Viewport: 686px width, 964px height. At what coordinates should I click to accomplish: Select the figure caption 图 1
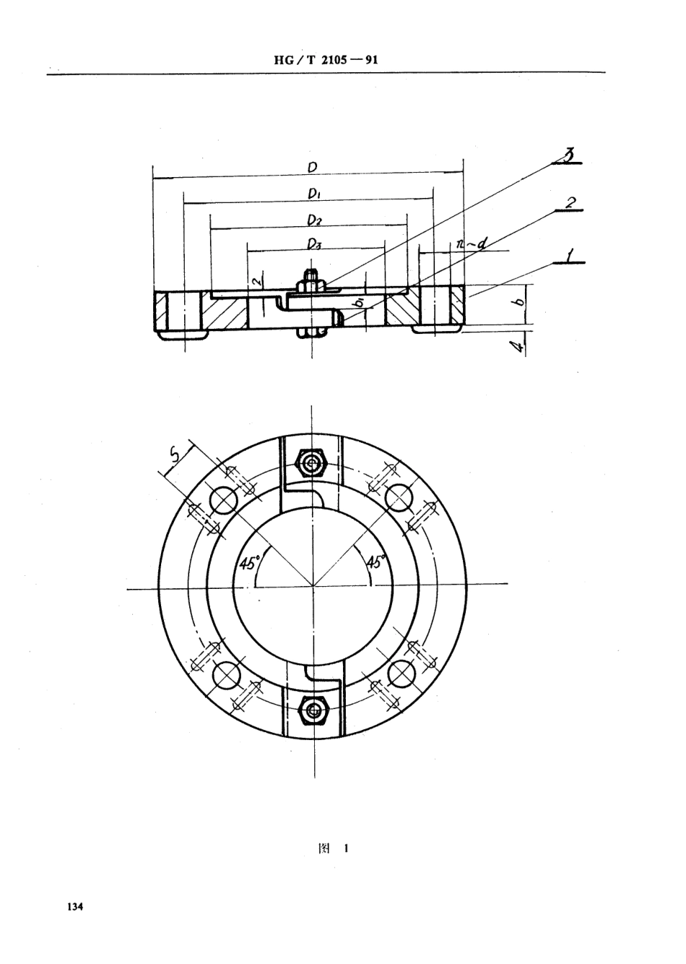pyautogui.click(x=333, y=849)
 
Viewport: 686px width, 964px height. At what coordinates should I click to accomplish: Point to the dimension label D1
pyautogui.click(x=313, y=194)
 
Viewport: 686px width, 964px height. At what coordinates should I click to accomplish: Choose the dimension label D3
pyautogui.click(x=313, y=244)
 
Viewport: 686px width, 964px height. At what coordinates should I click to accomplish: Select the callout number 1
pyautogui.click(x=570, y=254)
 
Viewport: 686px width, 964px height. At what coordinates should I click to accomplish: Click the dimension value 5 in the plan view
pyautogui.click(x=174, y=454)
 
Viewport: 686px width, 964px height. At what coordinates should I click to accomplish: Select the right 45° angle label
pyautogui.click(x=377, y=562)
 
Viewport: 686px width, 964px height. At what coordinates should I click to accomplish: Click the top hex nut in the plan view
pyautogui.click(x=313, y=461)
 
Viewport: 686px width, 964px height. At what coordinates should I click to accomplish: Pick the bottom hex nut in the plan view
pyautogui.click(x=313, y=710)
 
